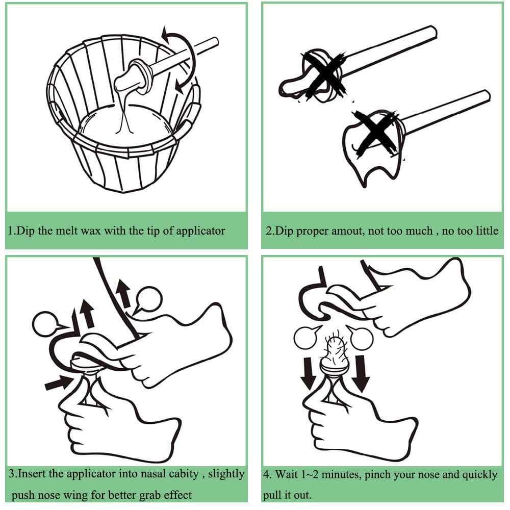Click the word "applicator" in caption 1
(x=200, y=231)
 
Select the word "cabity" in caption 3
(x=184, y=474)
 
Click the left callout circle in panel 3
(x=45, y=324)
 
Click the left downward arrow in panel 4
(x=308, y=373)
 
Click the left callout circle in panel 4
(x=305, y=338)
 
